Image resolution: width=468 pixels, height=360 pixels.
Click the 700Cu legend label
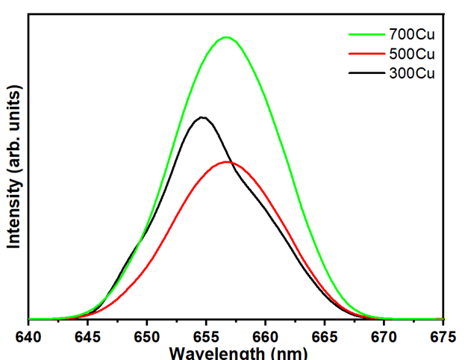pos(411,34)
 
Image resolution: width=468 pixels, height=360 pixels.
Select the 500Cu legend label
pos(411,54)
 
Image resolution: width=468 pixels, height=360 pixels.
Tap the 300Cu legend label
pos(411,73)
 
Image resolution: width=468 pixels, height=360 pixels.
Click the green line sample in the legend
pos(366,34)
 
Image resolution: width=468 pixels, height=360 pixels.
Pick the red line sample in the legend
pos(366,54)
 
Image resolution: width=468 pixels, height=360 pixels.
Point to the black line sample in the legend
pos(366,73)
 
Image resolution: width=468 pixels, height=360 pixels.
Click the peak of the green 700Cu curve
pos(226,37)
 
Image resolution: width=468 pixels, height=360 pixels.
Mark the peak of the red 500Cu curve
pos(228,161)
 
